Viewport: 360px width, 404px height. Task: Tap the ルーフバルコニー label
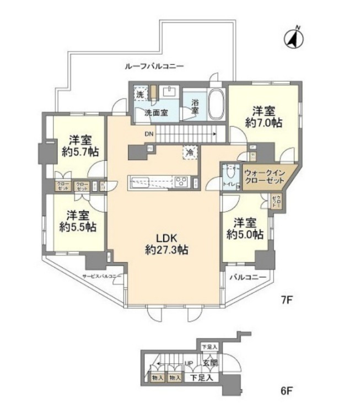coord(154,66)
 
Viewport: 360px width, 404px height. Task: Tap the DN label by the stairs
coord(149,133)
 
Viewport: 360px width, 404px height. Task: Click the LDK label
coord(165,238)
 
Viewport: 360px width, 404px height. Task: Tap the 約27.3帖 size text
coord(165,250)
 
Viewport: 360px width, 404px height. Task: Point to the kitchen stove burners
coord(182,181)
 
